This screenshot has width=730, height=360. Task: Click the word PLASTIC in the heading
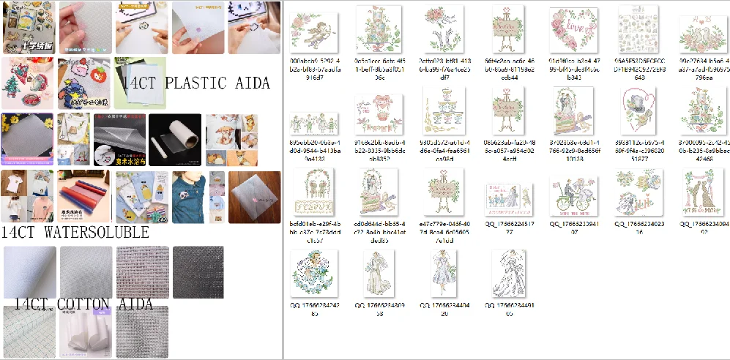point(198,83)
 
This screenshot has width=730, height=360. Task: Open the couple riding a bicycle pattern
point(573,192)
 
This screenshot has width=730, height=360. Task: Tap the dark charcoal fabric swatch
point(198,272)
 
